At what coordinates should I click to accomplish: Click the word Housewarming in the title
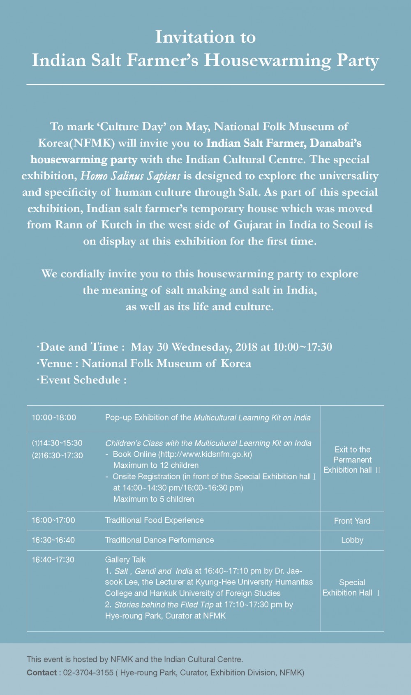point(268,60)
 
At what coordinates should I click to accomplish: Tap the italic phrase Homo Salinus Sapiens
point(130,176)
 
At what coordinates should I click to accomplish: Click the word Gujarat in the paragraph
point(253,225)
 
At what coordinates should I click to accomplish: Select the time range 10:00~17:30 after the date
point(302,347)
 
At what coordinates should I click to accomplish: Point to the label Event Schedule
point(81,380)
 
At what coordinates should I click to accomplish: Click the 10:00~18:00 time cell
point(54,418)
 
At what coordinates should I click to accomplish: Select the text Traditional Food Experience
point(154,520)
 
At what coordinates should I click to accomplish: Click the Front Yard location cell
point(352,521)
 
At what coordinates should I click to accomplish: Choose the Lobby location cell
point(352,540)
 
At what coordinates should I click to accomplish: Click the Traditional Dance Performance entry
point(159,540)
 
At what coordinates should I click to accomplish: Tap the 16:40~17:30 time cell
point(53,560)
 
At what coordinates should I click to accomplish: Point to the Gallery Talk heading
point(125,560)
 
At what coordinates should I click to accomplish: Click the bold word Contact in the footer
point(42,672)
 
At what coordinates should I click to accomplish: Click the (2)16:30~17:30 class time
point(57,455)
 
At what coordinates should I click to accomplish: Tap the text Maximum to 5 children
point(154,499)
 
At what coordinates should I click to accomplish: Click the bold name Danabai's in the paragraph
point(335,143)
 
